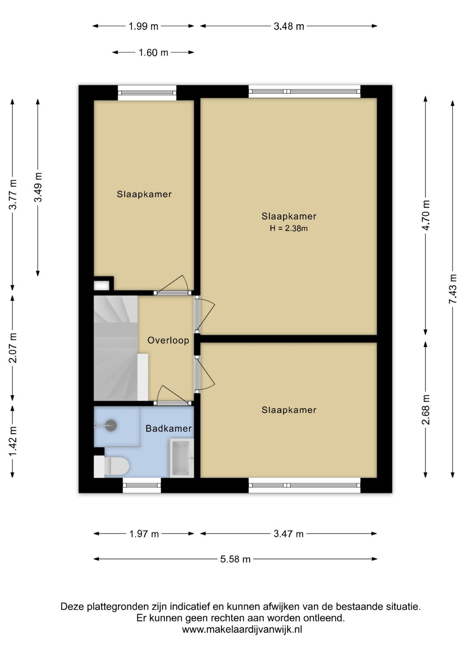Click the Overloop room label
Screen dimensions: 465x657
coord(168,340)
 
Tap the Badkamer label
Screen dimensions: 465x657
coord(168,429)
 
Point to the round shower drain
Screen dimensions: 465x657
coord(111,425)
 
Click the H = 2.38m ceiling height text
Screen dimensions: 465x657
coord(288,228)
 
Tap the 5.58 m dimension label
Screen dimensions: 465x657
coord(236,559)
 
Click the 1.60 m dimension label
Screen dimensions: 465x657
coord(153,52)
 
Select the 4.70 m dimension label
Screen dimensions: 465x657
coord(426,215)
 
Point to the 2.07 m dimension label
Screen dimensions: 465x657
coord(13,348)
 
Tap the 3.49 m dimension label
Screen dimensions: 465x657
coord(38,187)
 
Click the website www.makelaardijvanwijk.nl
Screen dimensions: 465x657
coord(242,629)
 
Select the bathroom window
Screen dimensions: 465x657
coord(142,485)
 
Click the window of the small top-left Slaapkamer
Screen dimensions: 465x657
coord(147,93)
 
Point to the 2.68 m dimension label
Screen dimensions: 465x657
coord(426,410)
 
